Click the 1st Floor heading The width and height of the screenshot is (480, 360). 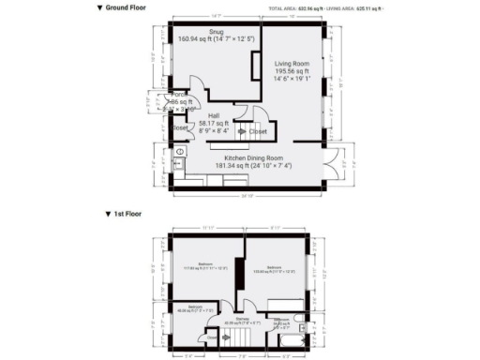[x=127, y=214]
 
